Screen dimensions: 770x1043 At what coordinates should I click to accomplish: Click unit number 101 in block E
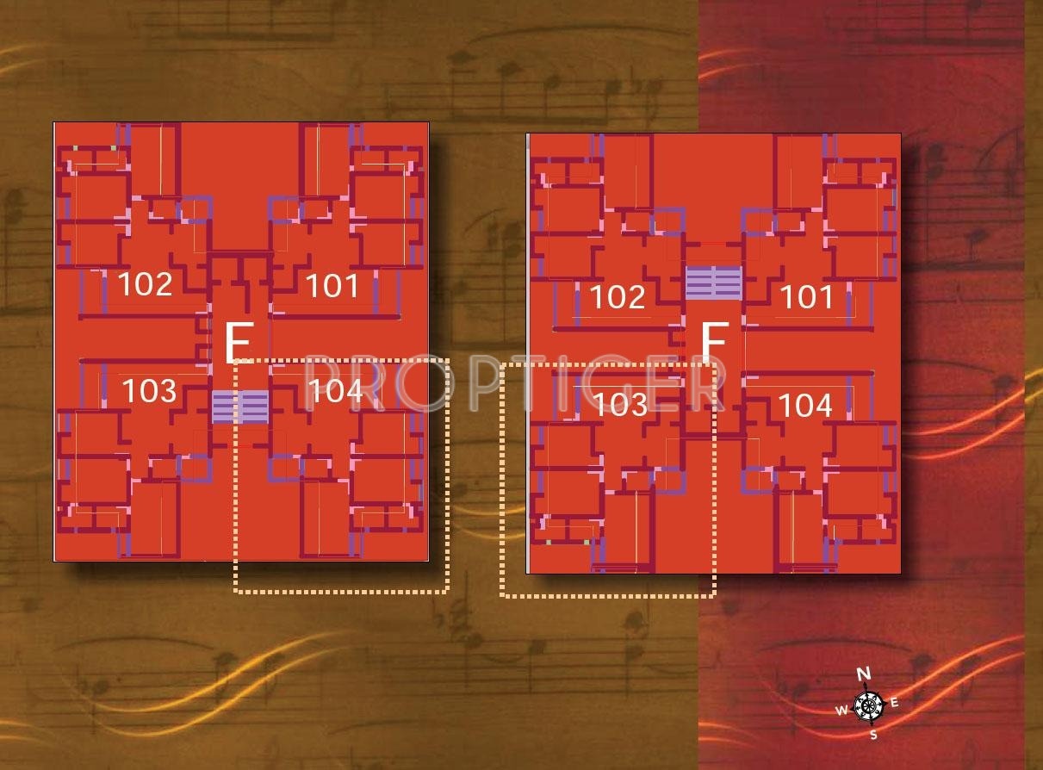(x=332, y=285)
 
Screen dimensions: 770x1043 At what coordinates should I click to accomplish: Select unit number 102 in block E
(x=145, y=283)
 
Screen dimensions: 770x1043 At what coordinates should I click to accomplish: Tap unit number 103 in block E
(x=149, y=391)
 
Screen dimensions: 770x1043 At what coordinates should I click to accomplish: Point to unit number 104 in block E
(x=335, y=391)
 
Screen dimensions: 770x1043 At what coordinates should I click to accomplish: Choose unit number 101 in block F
(x=807, y=297)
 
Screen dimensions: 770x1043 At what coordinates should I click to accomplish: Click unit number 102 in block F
(x=618, y=297)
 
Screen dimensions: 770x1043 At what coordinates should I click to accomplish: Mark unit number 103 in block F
(x=620, y=404)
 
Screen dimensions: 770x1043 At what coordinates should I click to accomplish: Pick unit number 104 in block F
(x=805, y=404)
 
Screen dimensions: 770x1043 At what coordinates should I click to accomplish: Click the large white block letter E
(x=237, y=344)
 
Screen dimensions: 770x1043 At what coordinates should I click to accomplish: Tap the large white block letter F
(x=713, y=345)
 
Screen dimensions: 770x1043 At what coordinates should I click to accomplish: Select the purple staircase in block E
(x=240, y=407)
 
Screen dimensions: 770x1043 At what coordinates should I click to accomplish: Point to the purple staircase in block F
(x=713, y=283)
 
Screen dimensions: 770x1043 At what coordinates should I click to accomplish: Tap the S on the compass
(x=873, y=735)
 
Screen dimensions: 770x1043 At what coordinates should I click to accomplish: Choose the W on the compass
(x=841, y=711)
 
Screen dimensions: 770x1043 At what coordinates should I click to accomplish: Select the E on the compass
(x=895, y=703)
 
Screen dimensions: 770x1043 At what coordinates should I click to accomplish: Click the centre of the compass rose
(x=869, y=705)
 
